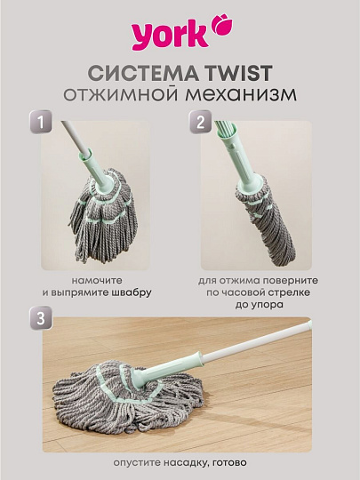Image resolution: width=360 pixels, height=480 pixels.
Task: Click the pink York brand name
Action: [170, 36]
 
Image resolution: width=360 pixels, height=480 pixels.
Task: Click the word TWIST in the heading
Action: [239, 74]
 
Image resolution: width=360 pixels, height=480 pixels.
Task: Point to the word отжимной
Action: [120, 94]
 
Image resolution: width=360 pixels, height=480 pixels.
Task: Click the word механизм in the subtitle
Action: [241, 94]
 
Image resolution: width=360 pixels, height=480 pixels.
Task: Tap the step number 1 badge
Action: [40, 122]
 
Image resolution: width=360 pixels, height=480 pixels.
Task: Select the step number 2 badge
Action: [201, 122]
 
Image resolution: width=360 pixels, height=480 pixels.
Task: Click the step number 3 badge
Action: [41, 317]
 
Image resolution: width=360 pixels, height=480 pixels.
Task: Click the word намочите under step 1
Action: [97, 281]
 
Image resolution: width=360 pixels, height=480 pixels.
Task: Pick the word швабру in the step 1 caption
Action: [132, 293]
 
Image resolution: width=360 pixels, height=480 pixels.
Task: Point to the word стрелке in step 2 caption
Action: [290, 293]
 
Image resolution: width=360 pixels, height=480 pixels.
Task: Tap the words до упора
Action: [259, 305]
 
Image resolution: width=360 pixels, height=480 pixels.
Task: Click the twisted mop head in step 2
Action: [266, 220]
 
